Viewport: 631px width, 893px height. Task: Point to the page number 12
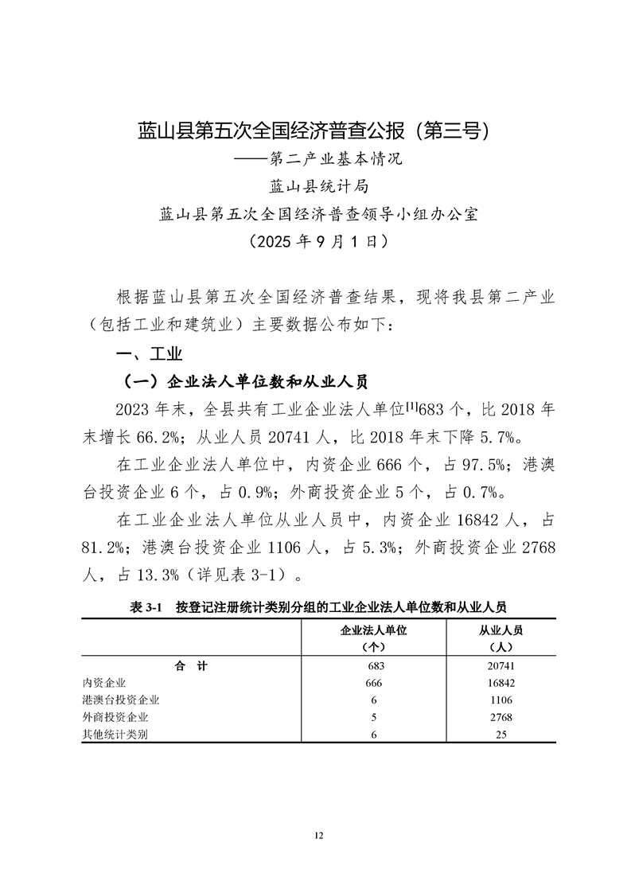click(318, 835)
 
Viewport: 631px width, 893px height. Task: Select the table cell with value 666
click(373, 683)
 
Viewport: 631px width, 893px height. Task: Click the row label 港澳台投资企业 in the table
click(121, 700)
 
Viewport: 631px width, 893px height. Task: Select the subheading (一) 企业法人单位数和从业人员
click(242, 382)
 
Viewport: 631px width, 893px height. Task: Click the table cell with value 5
click(373, 717)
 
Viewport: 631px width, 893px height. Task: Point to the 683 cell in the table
click(373, 666)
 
